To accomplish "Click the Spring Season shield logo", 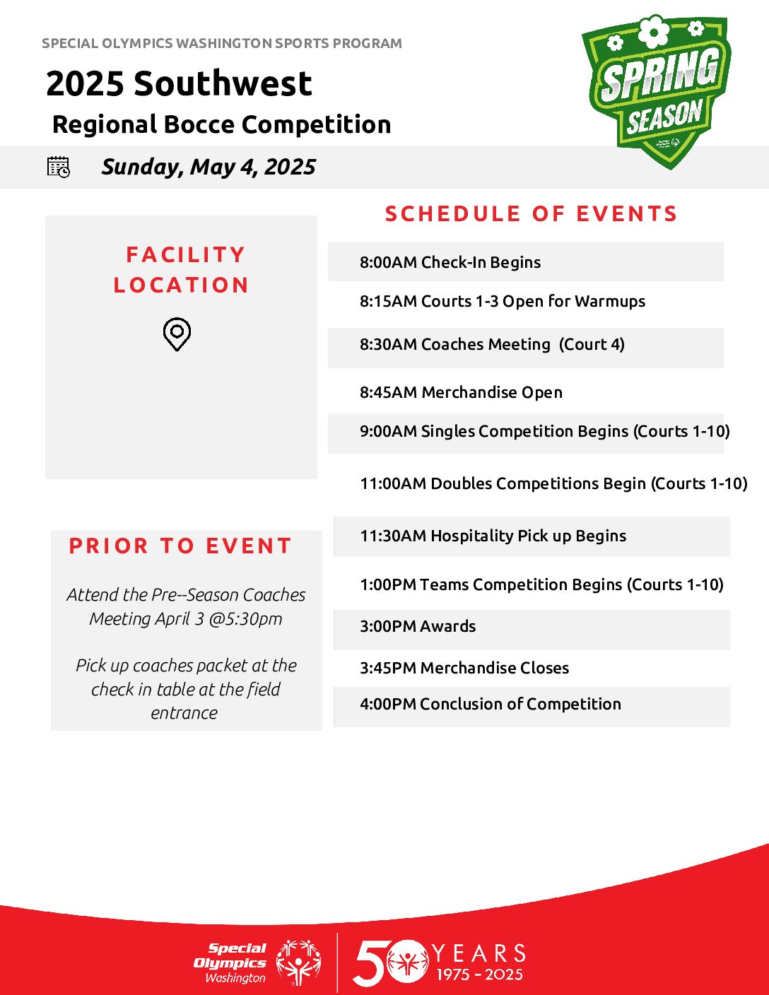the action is (x=657, y=92).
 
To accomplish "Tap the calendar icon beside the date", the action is (x=59, y=167).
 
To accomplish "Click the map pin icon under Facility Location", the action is (x=177, y=334).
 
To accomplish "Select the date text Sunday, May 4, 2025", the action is (x=209, y=167).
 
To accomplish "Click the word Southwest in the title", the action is (x=223, y=83).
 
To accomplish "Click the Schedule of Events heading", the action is (x=531, y=214).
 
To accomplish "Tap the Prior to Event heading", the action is (x=180, y=546).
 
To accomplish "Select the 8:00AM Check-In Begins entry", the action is (x=450, y=262).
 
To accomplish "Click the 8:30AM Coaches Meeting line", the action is (x=492, y=344).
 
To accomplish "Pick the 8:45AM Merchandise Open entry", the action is (x=461, y=392).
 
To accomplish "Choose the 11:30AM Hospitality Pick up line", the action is (x=493, y=536).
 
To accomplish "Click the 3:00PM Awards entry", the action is (x=418, y=626).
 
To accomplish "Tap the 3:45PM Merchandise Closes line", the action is (x=464, y=668).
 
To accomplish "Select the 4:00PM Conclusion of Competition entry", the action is (x=491, y=705).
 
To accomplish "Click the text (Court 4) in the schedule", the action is (x=592, y=344).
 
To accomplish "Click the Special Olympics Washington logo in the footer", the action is (x=257, y=963).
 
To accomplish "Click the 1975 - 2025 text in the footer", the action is (x=479, y=974).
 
